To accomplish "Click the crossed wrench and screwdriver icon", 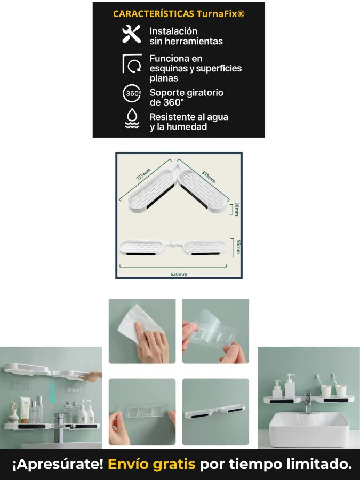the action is pos(131,34).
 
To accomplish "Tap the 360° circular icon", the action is pos(132,93).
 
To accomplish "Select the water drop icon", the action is pos(132,118).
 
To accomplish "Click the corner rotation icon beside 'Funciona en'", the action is pos(132,63).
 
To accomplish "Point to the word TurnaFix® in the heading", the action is pos(220,14).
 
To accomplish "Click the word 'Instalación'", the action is pos(173,31).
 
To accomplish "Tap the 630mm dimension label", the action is pos(179,274).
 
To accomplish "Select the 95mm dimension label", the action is pos(238,247).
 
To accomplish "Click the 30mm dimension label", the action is pos(237,209).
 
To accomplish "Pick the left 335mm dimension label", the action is pos(143,174).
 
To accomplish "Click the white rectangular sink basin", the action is pos(309,429).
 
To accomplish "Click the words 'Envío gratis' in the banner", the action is pos(151,464).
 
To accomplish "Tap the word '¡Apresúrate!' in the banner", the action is pos(58,464).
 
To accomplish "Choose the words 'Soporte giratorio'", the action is pos(187,92).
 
